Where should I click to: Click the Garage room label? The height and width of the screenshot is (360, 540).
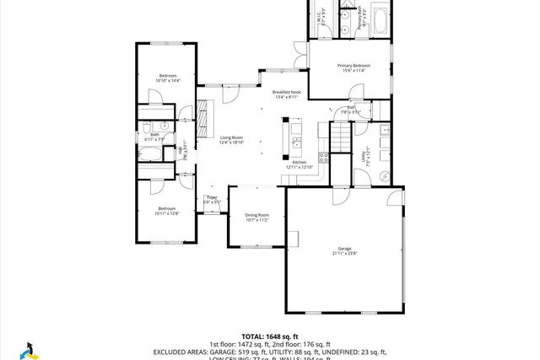(x=344, y=250)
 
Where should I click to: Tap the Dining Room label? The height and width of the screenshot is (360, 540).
(x=257, y=217)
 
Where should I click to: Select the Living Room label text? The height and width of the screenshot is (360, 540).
(x=231, y=140)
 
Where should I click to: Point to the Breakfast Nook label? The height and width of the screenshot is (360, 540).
(x=287, y=94)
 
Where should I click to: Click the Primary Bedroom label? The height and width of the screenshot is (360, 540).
(x=354, y=67)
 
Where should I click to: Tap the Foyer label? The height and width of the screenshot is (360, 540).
(x=212, y=200)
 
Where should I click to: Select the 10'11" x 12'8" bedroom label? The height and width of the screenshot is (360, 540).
(x=166, y=211)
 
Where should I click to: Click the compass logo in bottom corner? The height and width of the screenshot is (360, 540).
(x=27, y=349)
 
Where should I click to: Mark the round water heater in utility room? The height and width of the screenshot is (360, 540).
(x=384, y=176)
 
